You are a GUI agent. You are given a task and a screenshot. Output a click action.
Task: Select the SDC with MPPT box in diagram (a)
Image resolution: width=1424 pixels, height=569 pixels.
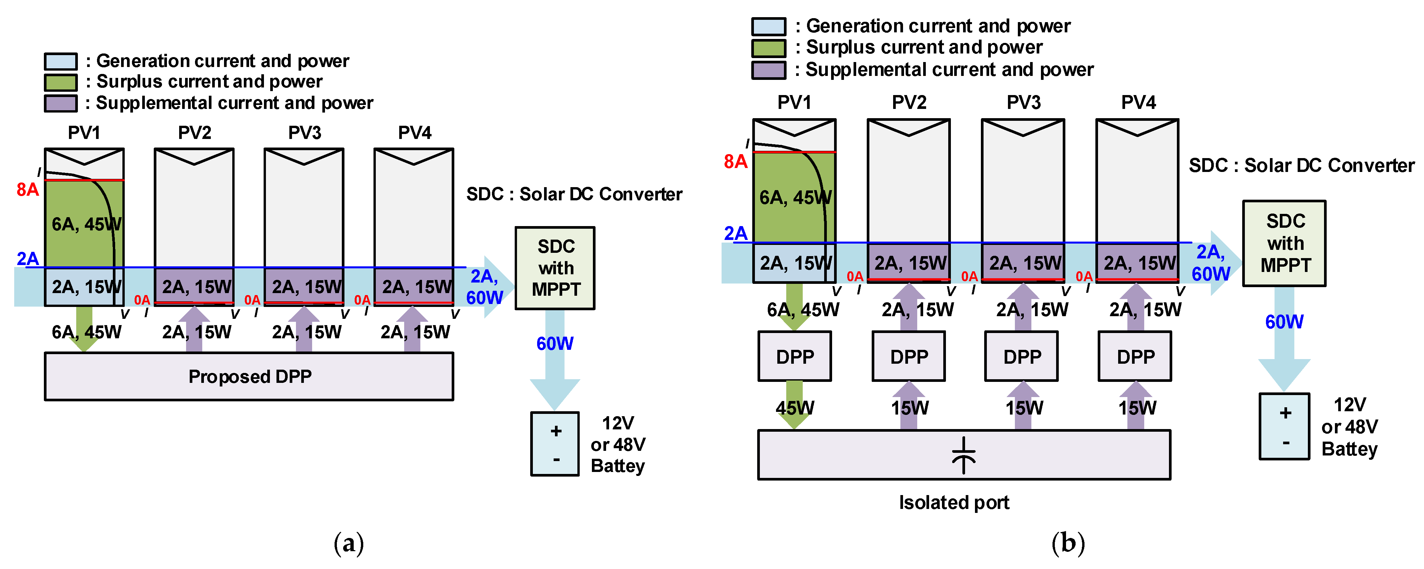point(555,268)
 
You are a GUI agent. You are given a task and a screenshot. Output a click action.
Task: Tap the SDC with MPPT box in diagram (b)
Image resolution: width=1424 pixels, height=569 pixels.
point(1284,243)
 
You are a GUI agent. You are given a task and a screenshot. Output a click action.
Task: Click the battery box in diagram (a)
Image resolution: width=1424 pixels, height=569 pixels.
point(555,444)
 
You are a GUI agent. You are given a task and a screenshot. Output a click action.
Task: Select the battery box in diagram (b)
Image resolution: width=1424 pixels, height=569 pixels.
point(1284,426)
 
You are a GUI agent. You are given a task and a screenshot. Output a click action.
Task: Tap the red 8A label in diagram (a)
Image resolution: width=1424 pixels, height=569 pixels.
point(28,190)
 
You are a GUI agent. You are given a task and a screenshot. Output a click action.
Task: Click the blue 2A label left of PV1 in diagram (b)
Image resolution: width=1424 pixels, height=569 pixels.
point(735,233)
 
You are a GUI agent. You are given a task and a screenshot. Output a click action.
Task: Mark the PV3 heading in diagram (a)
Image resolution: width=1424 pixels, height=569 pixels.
point(304,133)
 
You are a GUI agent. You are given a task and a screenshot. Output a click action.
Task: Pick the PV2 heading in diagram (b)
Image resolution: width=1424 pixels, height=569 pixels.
point(909,103)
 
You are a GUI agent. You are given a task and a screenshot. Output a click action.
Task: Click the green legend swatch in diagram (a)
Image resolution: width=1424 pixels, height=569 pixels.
point(61,83)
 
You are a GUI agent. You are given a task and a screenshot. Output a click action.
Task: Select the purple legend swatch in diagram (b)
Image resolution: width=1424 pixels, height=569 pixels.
point(768,70)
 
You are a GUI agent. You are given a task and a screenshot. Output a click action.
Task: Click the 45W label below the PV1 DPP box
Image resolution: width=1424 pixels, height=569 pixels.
point(794,408)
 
